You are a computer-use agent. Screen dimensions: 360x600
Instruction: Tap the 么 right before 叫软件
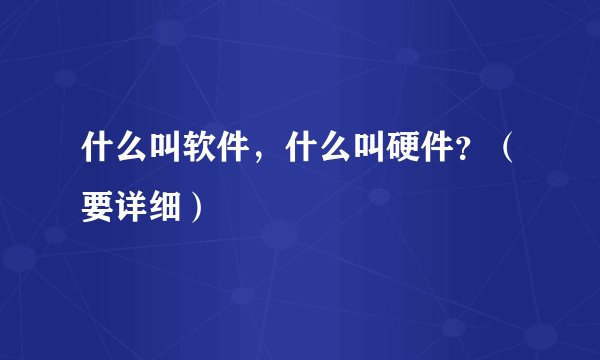point(129,152)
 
